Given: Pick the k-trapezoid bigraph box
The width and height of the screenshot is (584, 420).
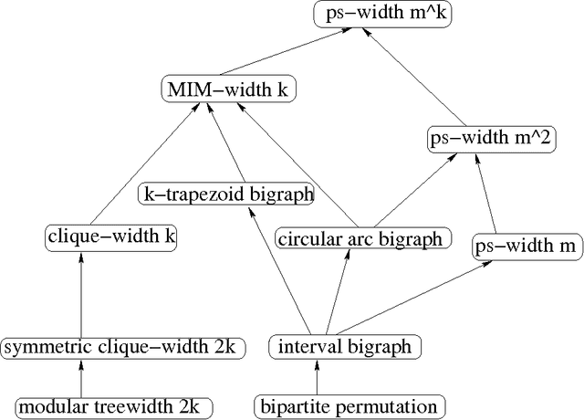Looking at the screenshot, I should pyautogui.click(x=227, y=194).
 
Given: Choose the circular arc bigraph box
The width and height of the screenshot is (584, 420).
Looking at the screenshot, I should pyautogui.click(x=363, y=239).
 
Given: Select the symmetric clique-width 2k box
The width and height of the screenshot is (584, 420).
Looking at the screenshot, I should pyautogui.click(x=121, y=348).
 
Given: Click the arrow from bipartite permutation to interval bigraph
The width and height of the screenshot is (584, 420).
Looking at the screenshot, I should pyautogui.click(x=318, y=376).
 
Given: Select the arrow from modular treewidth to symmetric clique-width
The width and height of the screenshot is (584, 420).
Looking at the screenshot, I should pyautogui.click(x=82, y=376).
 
